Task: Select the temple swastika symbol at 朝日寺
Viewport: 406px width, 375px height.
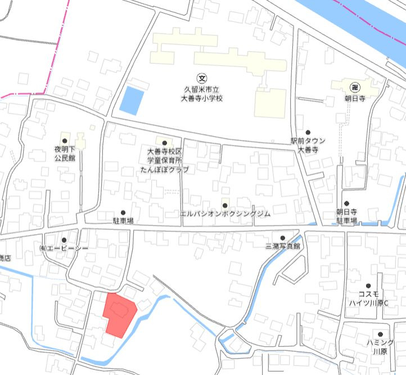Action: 355,87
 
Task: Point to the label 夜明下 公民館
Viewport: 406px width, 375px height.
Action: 65,154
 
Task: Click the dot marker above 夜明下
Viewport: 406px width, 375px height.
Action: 65,141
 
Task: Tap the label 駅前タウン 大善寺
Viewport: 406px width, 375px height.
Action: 308,146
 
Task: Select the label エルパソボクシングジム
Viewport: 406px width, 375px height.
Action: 225,214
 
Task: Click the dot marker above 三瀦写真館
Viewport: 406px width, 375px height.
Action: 283,238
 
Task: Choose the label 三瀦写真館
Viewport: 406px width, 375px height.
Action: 283,246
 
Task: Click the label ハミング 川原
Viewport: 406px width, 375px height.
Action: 380,347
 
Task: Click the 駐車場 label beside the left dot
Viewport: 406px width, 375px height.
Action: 123,222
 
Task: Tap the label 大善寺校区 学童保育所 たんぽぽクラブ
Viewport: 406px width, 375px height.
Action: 164,160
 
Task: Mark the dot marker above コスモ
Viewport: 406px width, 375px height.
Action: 368,286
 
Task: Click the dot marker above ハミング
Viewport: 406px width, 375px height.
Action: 380,334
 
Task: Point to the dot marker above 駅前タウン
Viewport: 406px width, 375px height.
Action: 308,132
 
